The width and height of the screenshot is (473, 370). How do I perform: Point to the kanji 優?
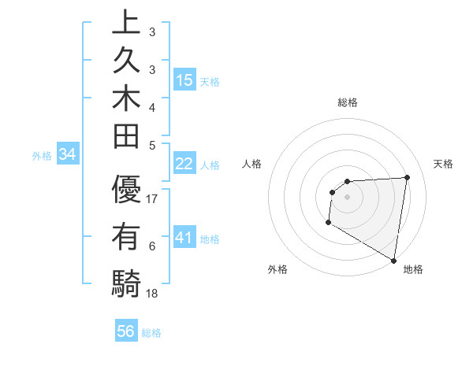click(125, 191)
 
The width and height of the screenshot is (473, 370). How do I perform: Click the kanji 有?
click(125, 237)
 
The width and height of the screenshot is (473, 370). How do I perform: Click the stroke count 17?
click(153, 199)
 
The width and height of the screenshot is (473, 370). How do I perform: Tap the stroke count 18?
click(153, 294)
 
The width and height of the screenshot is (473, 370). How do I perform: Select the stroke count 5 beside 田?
click(152, 144)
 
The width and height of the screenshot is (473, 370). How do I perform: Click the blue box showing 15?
click(184, 80)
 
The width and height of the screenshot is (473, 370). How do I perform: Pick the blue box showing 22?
click(184, 164)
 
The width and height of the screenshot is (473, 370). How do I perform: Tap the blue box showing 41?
click(184, 238)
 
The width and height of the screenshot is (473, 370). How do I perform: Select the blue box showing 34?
click(67, 155)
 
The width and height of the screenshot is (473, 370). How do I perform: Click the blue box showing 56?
click(126, 332)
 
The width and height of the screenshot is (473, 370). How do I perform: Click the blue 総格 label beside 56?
click(151, 333)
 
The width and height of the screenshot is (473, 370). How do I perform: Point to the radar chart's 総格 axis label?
click(348, 102)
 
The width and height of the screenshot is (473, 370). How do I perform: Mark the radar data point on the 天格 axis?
click(407, 177)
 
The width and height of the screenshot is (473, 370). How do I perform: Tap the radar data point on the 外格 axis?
click(327, 223)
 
